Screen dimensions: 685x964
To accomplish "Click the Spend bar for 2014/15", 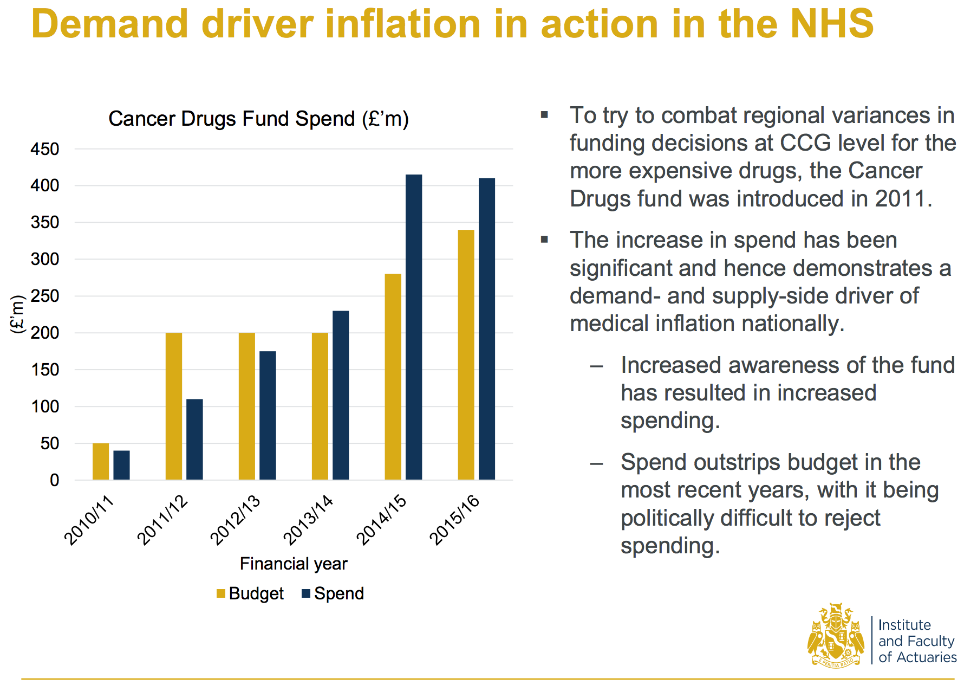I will pyautogui.click(x=414, y=327).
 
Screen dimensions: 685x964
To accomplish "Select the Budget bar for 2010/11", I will pyautogui.click(x=101, y=462).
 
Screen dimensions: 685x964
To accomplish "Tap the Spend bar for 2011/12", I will pyautogui.click(x=194, y=440).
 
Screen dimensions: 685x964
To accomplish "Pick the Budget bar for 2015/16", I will pyautogui.click(x=466, y=355).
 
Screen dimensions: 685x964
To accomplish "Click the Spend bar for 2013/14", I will pyautogui.click(x=341, y=395).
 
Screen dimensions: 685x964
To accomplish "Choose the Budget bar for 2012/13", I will pyautogui.click(x=247, y=406).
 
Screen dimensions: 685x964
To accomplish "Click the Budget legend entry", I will pyautogui.click(x=250, y=594).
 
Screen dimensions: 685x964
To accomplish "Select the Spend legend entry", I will pyautogui.click(x=333, y=594).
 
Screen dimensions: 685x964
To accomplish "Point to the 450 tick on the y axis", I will pyautogui.click(x=45, y=149).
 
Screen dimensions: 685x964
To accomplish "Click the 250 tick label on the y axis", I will pyautogui.click(x=45, y=296).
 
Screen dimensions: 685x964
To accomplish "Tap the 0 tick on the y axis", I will pyautogui.click(x=54, y=480).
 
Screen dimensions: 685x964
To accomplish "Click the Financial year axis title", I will pyautogui.click(x=294, y=564).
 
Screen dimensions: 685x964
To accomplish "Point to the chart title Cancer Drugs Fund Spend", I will pyautogui.click(x=258, y=119).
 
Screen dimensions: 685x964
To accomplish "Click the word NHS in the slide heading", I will pyautogui.click(x=832, y=24).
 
